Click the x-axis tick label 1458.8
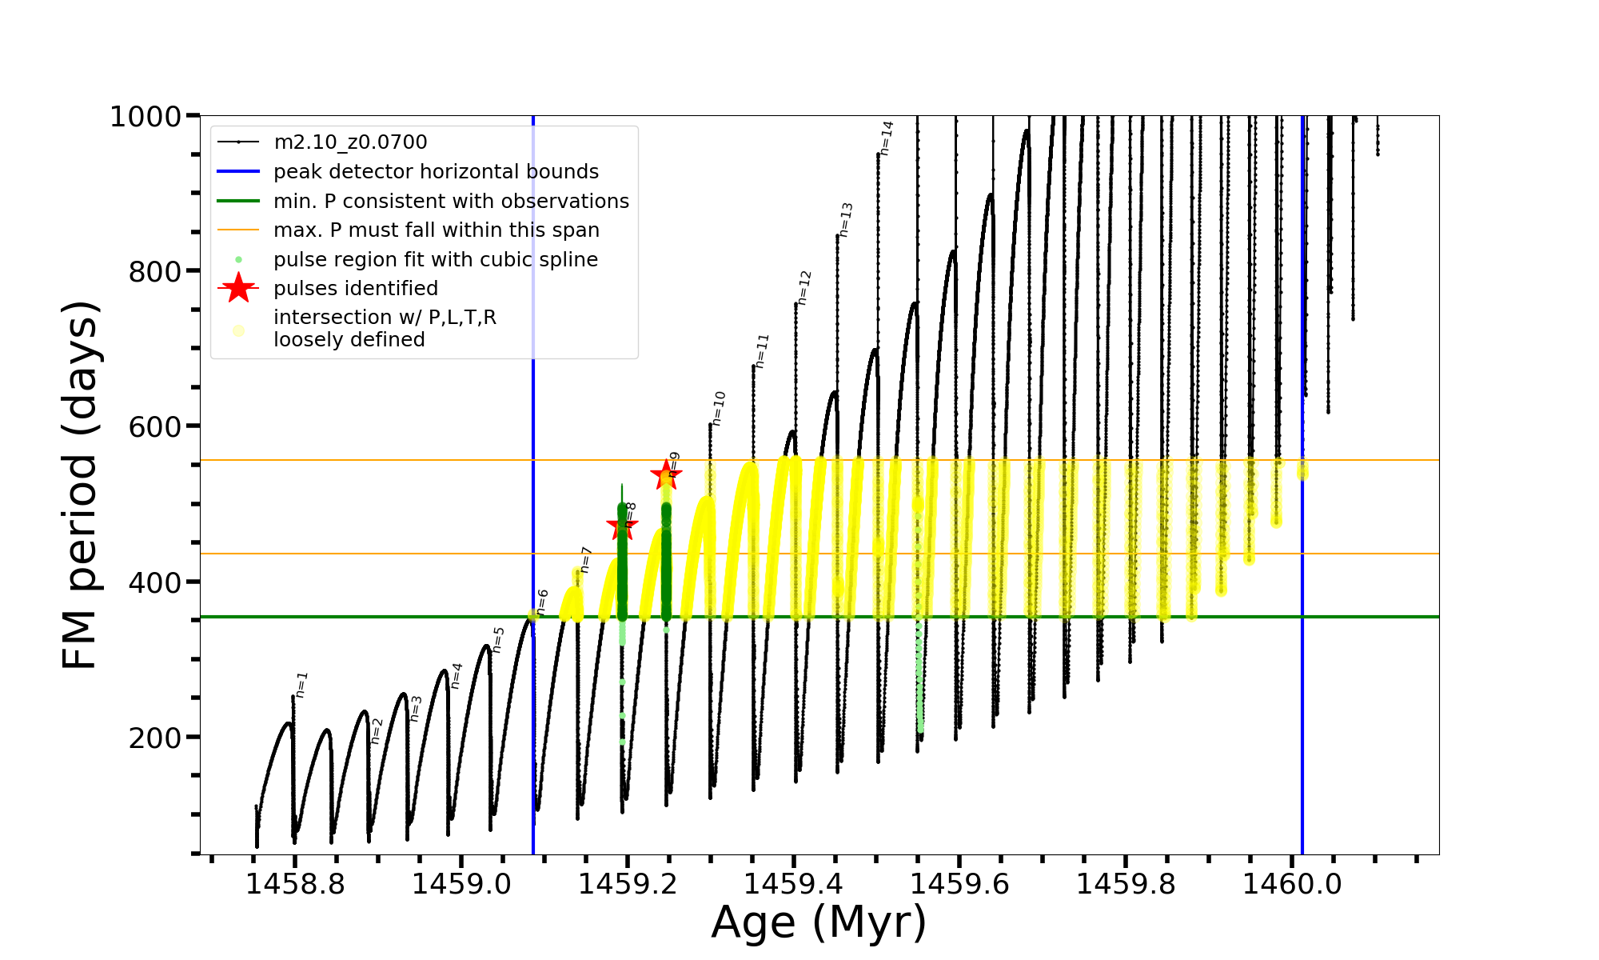pyautogui.click(x=295, y=884)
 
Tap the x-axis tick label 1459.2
pyautogui.click(x=628, y=884)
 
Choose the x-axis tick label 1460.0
pyautogui.click(x=1292, y=884)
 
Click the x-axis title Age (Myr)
pyautogui.click(x=819, y=922)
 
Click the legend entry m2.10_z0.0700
pyautogui.click(x=350, y=142)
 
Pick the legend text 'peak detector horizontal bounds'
pyautogui.click(x=436, y=172)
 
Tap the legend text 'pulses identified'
pyautogui.click(x=356, y=288)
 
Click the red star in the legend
pyautogui.click(x=238, y=288)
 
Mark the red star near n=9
pyautogui.click(x=665, y=475)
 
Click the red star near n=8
pyautogui.click(x=621, y=526)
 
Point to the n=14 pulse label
pyautogui.click(x=886, y=138)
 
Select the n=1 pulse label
pyautogui.click(x=301, y=685)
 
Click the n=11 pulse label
pyautogui.click(x=761, y=351)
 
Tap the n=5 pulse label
pyautogui.click(x=498, y=640)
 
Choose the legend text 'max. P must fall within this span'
pyautogui.click(x=436, y=230)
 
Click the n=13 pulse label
pyautogui.click(x=846, y=219)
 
